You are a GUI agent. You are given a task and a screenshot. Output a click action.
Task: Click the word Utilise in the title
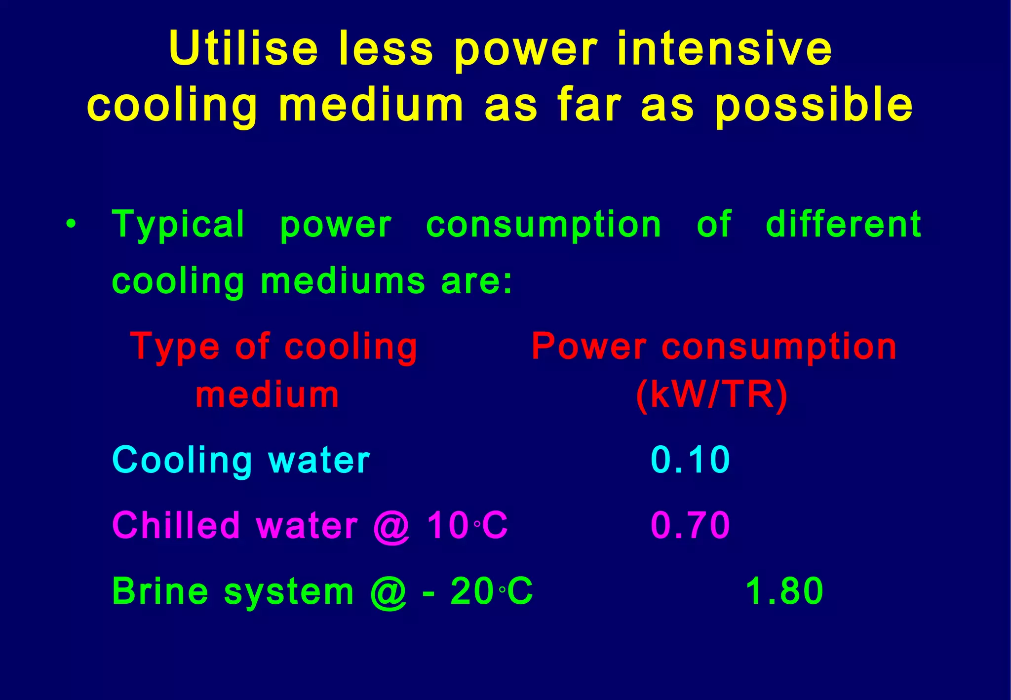tap(243, 48)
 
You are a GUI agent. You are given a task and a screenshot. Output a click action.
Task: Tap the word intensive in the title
tap(725, 48)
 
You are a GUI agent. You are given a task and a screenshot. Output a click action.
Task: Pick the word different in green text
tap(843, 224)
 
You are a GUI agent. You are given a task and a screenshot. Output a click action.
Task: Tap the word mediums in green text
tap(343, 281)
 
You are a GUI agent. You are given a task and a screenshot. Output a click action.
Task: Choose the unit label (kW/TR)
tap(712, 395)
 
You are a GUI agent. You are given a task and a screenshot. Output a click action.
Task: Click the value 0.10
tap(690, 460)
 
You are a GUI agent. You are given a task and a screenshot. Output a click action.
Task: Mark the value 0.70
tap(690, 525)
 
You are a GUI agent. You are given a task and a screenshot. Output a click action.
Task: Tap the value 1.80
tap(784, 591)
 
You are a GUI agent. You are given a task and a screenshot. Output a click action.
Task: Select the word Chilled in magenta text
tap(176, 525)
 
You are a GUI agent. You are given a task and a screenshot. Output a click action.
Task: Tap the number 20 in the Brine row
tap(472, 591)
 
